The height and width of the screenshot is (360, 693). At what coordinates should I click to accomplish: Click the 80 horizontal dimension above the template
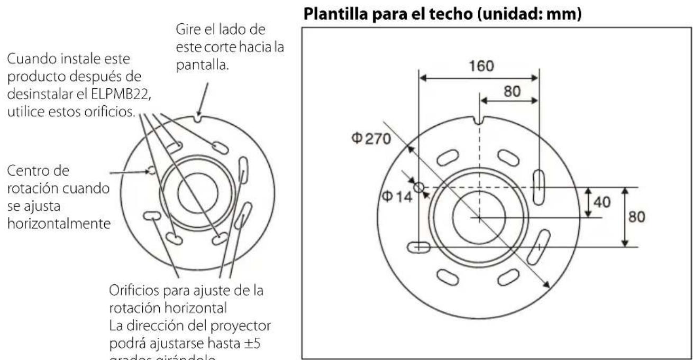click(x=512, y=91)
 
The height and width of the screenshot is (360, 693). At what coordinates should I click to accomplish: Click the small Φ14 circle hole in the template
click(x=419, y=187)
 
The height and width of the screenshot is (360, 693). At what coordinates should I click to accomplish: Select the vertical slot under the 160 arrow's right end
click(x=538, y=187)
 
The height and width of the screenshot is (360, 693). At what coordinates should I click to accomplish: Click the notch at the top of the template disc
click(x=479, y=121)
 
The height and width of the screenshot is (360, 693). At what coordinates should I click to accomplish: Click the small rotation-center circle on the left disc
click(x=151, y=170)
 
